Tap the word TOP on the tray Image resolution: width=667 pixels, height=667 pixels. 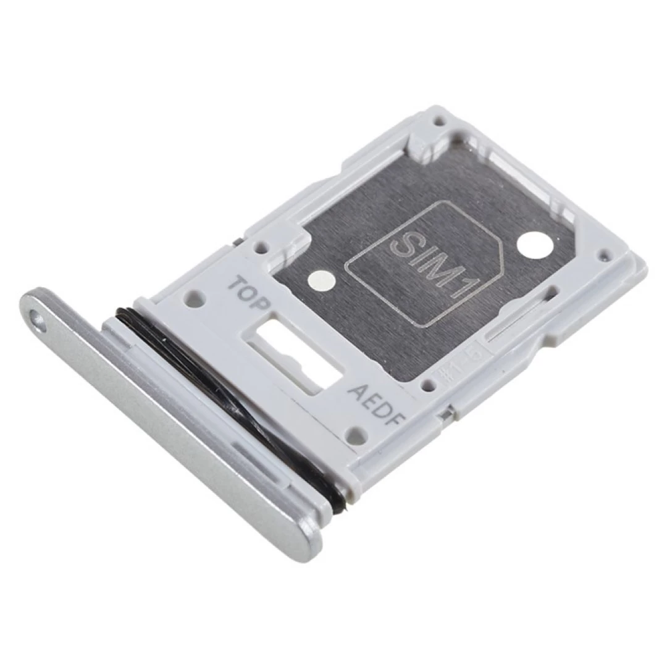pos(250,295)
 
